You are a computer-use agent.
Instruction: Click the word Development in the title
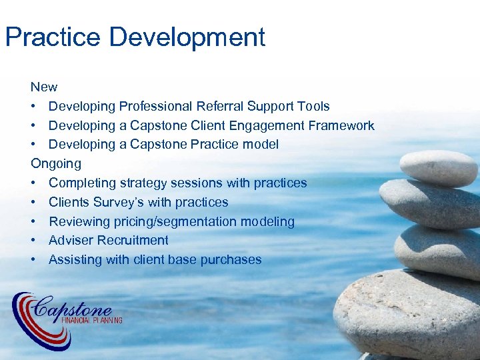(x=187, y=37)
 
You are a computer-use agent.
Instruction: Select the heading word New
(x=44, y=87)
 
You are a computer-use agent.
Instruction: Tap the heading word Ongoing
(x=56, y=164)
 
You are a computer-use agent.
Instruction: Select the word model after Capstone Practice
(x=261, y=145)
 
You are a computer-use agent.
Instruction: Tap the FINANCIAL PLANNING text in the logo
(x=91, y=321)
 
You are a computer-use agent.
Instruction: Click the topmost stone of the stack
(x=438, y=167)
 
